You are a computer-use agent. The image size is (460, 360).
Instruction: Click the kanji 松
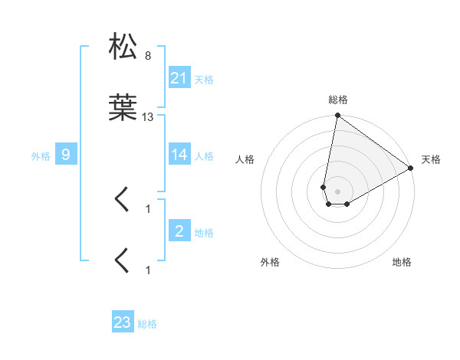pos(123,46)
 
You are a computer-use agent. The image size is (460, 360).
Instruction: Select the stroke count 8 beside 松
pos(147,56)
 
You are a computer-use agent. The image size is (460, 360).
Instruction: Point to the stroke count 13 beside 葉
pos(148,117)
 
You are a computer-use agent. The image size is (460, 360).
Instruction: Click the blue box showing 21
pos(179,77)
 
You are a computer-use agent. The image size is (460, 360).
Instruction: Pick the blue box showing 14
pos(179,155)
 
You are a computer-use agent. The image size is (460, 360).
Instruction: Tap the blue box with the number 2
pos(179,231)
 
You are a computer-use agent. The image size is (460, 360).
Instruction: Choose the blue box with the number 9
pos(66,155)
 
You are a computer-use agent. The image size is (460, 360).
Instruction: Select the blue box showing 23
pos(123,322)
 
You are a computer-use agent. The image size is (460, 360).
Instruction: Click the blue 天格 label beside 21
pos(204,79)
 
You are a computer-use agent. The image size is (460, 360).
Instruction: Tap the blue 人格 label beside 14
pos(204,156)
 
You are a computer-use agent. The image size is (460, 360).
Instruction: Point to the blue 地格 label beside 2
pos(204,232)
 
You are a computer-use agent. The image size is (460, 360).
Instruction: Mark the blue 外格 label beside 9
pos(41,156)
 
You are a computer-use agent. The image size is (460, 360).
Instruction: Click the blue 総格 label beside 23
pos(148,324)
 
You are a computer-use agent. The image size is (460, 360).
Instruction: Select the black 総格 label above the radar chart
pos(338,100)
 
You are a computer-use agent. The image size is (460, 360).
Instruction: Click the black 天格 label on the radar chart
pos(431,159)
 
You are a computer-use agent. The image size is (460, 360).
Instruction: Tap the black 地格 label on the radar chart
pos(402,262)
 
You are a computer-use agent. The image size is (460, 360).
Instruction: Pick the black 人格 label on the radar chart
pos(245,159)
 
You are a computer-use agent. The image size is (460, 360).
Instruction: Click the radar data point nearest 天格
pos(411,169)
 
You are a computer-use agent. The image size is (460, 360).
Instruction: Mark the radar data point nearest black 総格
pos(337,116)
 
